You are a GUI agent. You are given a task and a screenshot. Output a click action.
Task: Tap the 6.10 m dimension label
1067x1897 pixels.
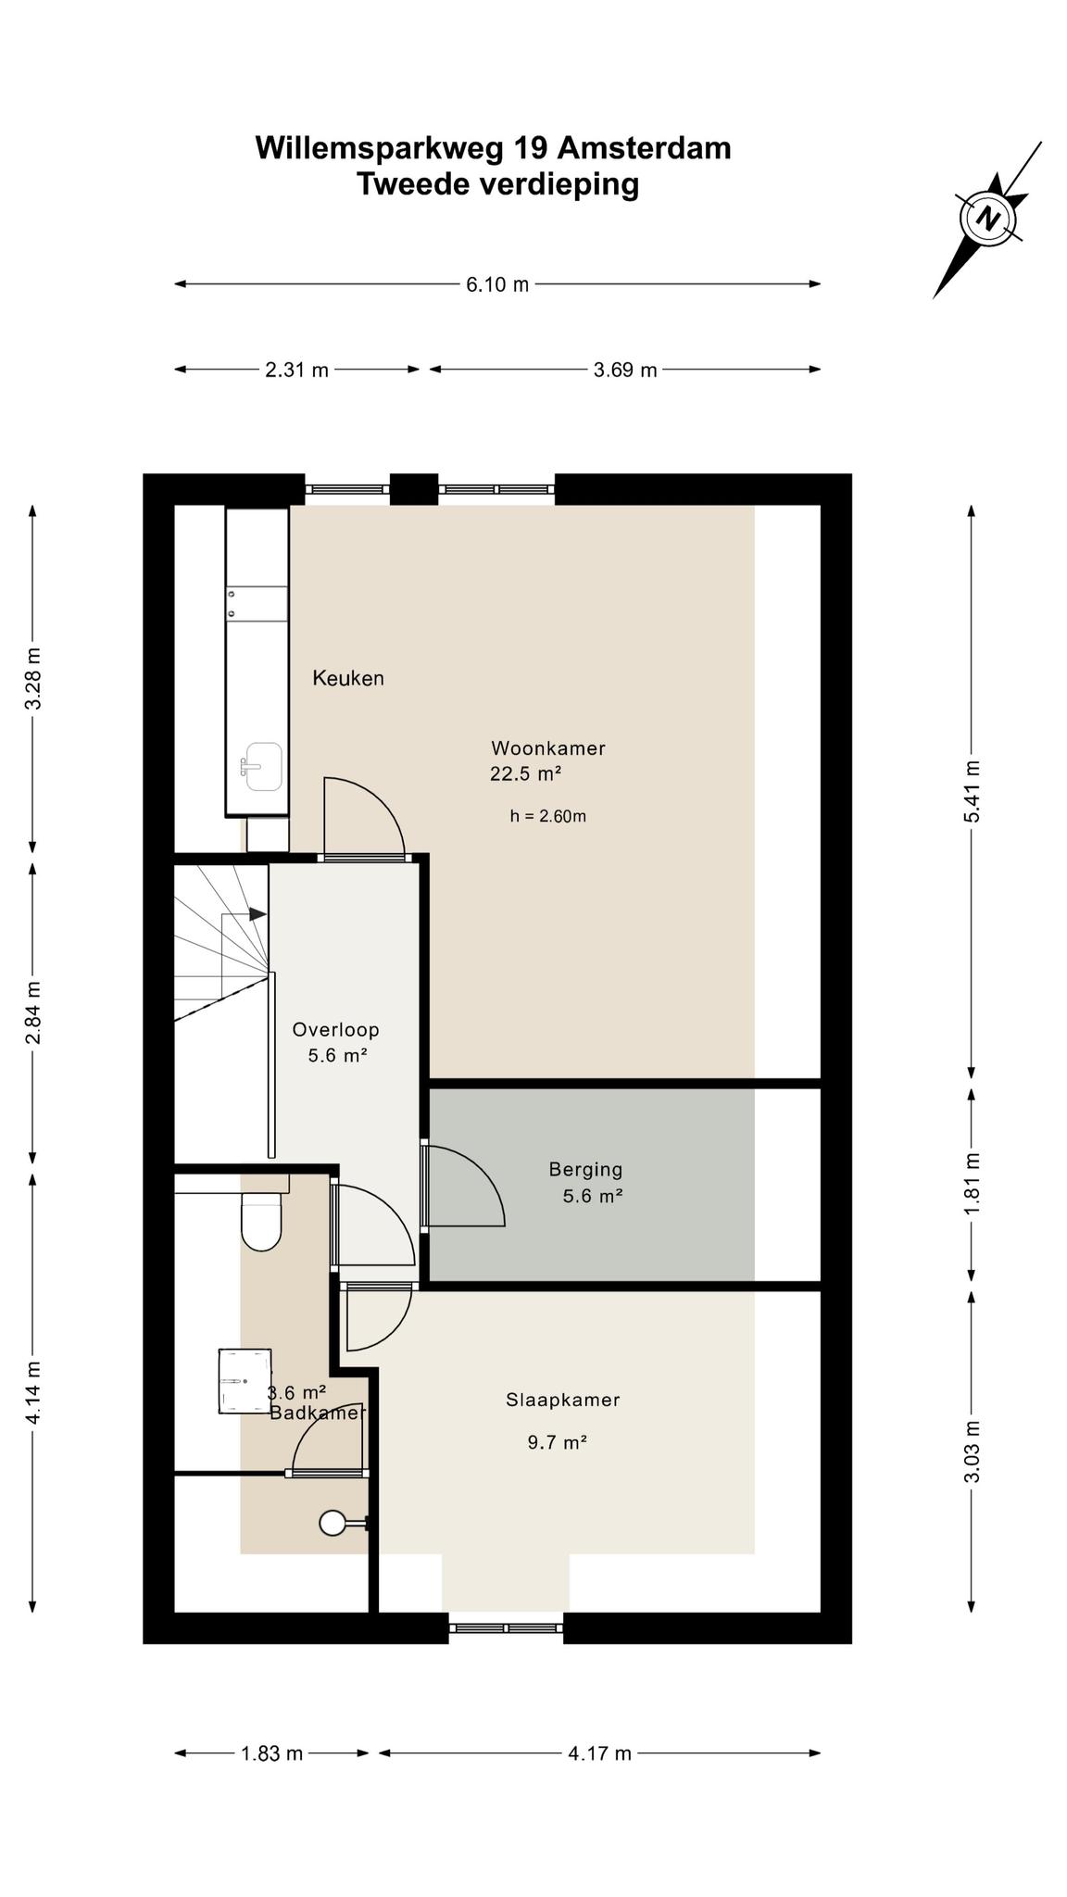tap(497, 284)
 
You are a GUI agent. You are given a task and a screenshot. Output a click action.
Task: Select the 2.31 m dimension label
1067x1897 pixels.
tap(296, 370)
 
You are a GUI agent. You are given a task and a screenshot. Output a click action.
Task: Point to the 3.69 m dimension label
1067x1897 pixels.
tap(625, 370)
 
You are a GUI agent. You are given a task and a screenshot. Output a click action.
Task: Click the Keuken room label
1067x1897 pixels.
tap(348, 678)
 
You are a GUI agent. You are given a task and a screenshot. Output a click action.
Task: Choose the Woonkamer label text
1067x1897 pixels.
tap(548, 747)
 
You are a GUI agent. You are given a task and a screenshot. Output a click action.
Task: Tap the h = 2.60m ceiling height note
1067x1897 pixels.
tap(547, 816)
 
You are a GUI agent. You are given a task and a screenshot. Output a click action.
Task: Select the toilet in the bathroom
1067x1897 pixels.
tap(261, 1220)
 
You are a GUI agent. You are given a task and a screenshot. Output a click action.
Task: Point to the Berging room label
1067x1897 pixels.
tap(585, 1169)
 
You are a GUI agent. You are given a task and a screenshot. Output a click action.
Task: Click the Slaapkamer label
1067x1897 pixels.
tap(562, 1400)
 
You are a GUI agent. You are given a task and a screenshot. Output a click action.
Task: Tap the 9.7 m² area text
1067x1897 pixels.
tap(558, 1442)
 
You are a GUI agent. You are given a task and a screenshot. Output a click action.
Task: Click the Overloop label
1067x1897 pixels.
tap(335, 1029)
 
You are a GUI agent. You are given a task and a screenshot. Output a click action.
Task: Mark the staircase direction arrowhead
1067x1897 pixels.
tap(258, 913)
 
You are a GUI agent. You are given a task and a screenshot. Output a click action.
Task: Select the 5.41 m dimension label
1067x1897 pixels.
tap(972, 791)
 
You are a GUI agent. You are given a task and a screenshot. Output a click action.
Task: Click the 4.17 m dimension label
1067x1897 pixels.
tap(600, 1753)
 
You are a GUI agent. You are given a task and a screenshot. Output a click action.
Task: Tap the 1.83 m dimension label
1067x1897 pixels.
tap(272, 1753)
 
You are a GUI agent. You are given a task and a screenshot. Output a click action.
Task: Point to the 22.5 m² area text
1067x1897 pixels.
tap(526, 773)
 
